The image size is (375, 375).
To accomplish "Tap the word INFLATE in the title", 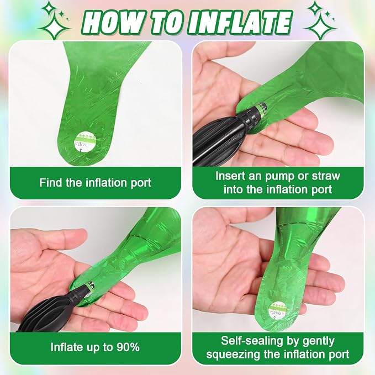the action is [241, 22].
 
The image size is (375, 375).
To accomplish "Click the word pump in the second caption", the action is [278, 177].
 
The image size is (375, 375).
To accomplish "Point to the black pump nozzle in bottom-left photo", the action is [81, 291].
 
